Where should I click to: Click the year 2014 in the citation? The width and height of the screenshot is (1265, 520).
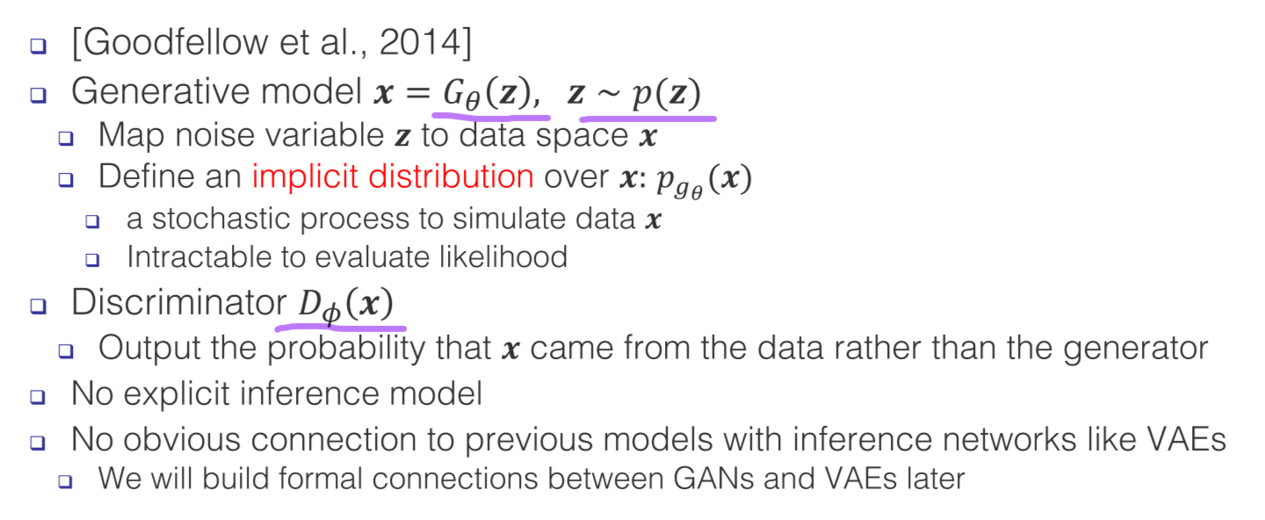[420, 42]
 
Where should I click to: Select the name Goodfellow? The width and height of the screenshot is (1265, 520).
[176, 42]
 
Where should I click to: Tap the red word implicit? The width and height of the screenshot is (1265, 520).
[305, 177]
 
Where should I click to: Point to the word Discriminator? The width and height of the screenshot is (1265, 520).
[179, 302]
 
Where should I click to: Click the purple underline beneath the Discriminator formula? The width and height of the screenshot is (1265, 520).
[341, 327]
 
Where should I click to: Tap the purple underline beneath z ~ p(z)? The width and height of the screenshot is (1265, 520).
[647, 119]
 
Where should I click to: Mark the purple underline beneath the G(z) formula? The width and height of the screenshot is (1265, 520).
[491, 117]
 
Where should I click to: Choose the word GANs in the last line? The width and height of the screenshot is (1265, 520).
[713, 479]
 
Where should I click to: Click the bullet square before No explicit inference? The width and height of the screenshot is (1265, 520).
[38, 397]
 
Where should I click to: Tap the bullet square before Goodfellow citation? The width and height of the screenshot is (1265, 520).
[38, 46]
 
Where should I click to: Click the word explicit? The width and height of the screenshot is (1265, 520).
[177, 394]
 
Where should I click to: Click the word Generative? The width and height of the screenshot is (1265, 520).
[161, 90]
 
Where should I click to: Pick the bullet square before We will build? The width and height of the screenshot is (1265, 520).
[66, 481]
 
